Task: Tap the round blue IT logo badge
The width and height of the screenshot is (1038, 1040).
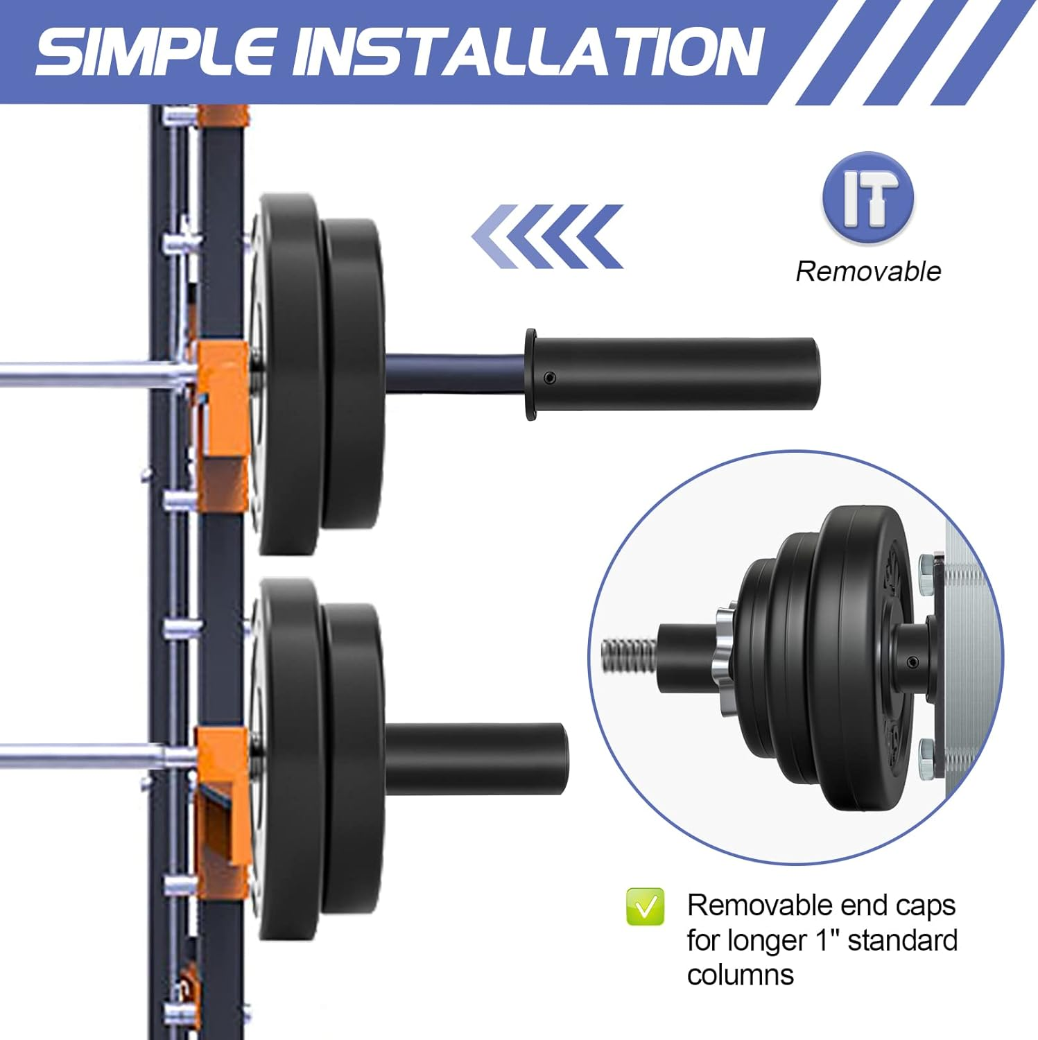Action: pyautogui.click(x=868, y=198)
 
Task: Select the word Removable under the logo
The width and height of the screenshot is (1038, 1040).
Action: pyautogui.click(x=868, y=271)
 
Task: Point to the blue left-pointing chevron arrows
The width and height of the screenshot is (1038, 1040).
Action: pyautogui.click(x=548, y=236)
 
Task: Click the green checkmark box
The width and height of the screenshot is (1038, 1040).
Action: pyautogui.click(x=645, y=906)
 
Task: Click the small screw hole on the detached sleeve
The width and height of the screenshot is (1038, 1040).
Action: pyautogui.click(x=550, y=377)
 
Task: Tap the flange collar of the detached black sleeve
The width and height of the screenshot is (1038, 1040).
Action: pyautogui.click(x=531, y=374)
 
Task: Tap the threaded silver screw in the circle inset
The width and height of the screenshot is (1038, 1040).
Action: pyautogui.click(x=628, y=655)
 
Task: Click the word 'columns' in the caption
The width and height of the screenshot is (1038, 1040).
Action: pyautogui.click(x=740, y=975)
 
